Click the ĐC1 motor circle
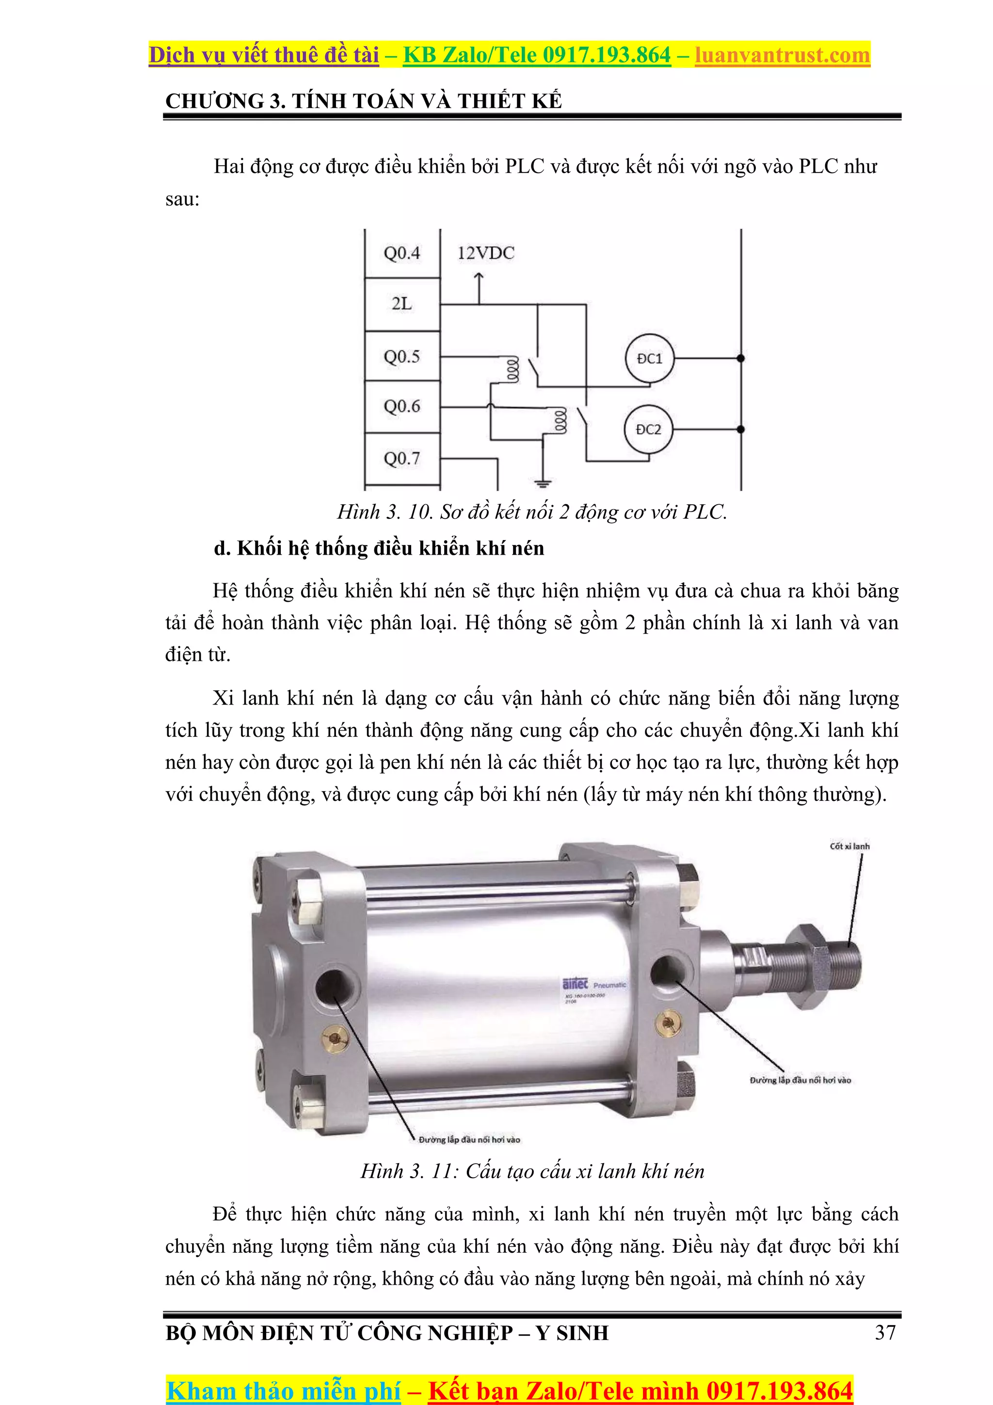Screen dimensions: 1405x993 click(x=649, y=359)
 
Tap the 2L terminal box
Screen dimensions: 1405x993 click(x=402, y=304)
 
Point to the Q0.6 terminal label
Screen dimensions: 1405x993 click(x=402, y=406)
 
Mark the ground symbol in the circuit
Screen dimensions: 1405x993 click(x=543, y=483)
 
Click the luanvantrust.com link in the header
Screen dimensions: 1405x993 click(x=782, y=55)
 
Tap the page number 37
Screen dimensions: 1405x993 click(x=885, y=1332)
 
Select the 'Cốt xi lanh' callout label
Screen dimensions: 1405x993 click(x=849, y=846)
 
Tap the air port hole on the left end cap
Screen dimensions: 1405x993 click(x=334, y=988)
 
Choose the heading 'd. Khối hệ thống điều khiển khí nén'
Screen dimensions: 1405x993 click(x=379, y=548)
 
